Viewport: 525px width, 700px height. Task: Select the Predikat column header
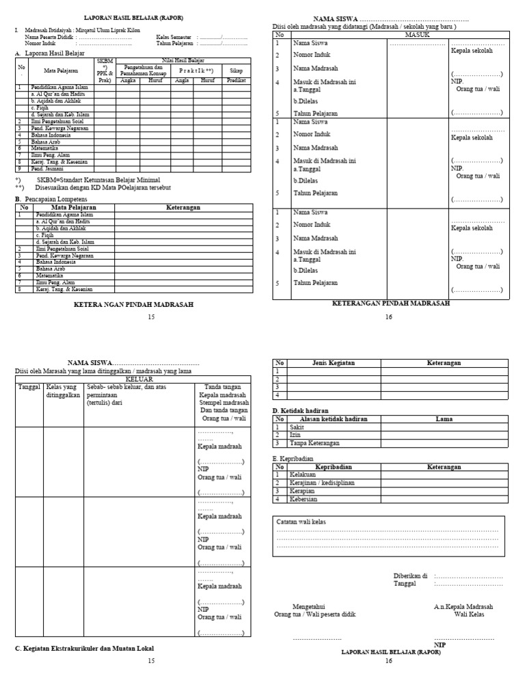[x=236, y=80]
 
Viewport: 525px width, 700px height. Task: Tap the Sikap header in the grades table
[x=236, y=70]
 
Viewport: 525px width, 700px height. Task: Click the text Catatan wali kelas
[x=301, y=522]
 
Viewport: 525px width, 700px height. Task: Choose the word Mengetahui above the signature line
[x=308, y=606]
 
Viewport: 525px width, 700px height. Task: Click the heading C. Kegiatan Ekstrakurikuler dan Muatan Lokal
[x=85, y=647]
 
